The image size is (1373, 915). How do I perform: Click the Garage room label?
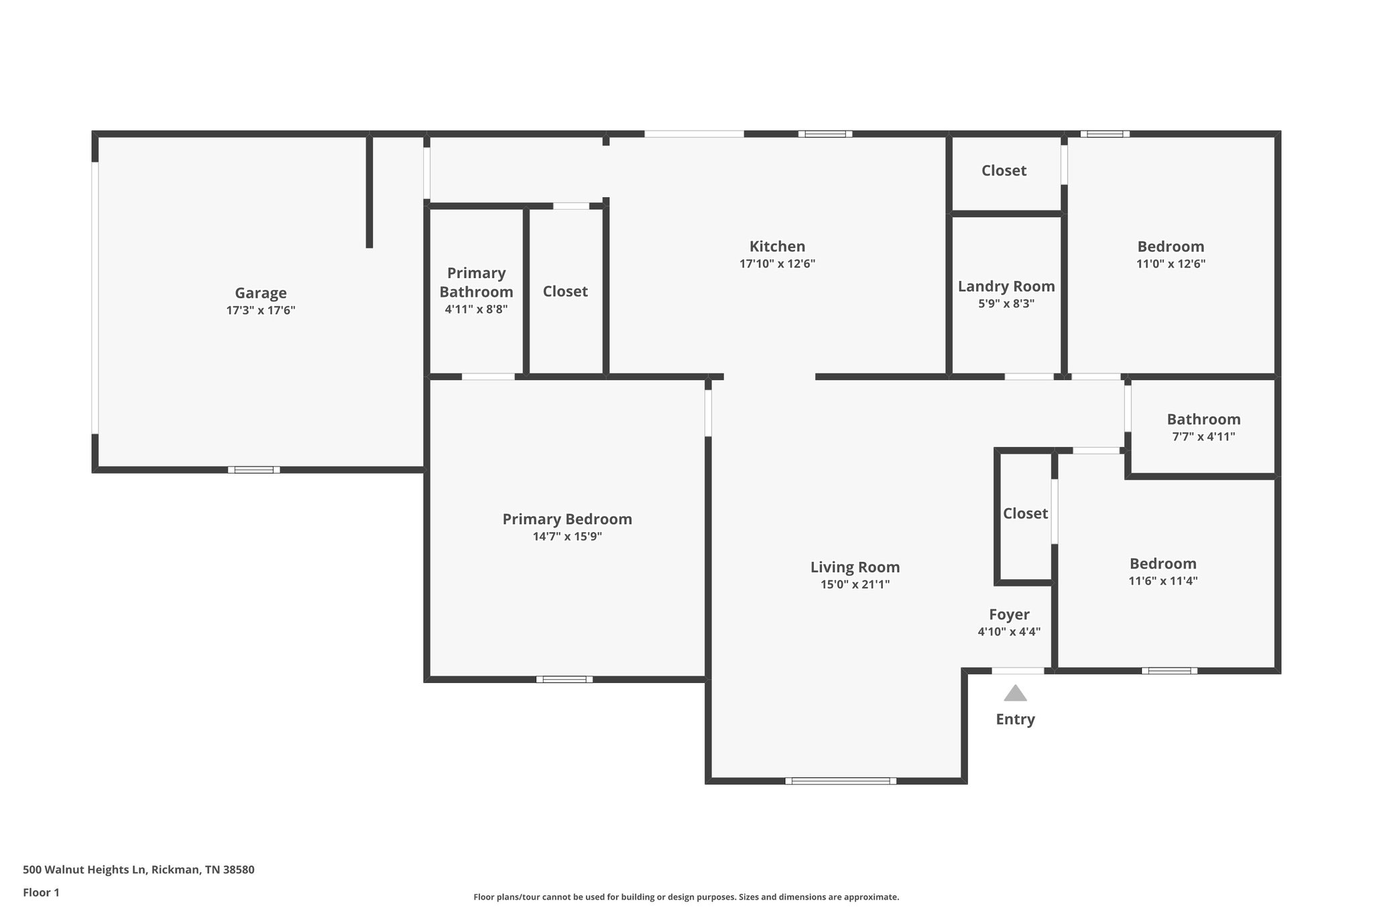point(260,293)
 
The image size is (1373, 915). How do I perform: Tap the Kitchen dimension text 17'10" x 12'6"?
point(777,264)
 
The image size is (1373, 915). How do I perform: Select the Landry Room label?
point(1006,286)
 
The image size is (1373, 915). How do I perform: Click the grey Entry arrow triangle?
point(1015,694)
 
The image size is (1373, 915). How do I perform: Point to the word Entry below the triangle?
point(1015,719)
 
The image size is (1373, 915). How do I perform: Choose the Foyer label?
point(1009,615)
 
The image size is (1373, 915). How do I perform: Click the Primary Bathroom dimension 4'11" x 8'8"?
point(476,310)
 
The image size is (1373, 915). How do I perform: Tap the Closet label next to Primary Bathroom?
point(565,292)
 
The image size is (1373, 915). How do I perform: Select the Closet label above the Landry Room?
point(1004,171)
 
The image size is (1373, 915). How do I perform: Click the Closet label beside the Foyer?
point(1025,513)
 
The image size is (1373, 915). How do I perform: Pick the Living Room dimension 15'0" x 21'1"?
point(855,585)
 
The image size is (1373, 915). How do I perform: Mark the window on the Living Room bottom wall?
point(841,781)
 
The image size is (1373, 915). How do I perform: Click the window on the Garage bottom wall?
point(254,470)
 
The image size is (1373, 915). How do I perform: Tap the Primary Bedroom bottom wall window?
point(564,680)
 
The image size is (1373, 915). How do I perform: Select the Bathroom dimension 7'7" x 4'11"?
point(1203,437)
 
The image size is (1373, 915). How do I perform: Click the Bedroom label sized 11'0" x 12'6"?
point(1171,247)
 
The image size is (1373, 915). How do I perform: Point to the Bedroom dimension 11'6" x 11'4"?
point(1162,581)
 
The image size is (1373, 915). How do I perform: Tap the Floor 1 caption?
point(41,893)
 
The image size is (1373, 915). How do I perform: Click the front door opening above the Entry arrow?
point(1018,671)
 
